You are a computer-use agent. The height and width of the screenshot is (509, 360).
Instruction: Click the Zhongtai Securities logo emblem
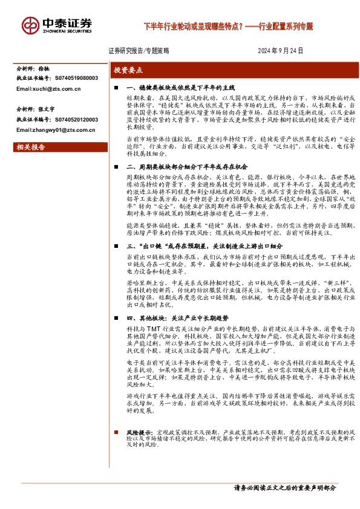(x=31, y=25)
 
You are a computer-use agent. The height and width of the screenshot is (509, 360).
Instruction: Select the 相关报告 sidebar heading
(x=30, y=146)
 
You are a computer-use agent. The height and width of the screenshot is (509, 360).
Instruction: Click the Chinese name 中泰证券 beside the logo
(x=67, y=22)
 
